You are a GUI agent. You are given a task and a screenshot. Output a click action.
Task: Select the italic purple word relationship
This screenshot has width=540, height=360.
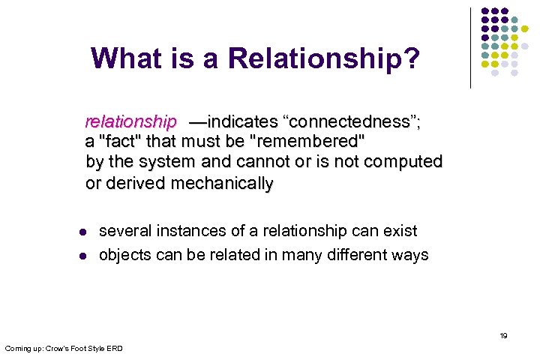pyautogui.click(x=131, y=121)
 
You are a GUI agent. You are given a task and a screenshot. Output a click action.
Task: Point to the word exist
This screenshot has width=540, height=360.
pyautogui.click(x=400, y=231)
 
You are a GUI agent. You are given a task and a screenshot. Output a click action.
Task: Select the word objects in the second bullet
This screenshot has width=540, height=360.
pyautogui.click(x=125, y=255)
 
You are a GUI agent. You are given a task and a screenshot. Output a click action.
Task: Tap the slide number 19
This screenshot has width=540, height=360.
pyautogui.click(x=503, y=335)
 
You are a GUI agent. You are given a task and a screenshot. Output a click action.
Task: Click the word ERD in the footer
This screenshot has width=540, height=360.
pyautogui.click(x=114, y=348)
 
